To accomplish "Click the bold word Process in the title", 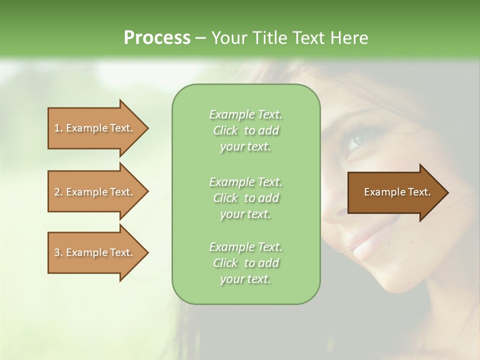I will [157, 38].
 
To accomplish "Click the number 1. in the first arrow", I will [58, 128].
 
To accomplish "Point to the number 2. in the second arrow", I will [58, 192].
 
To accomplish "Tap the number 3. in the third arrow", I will [58, 252].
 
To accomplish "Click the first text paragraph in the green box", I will [245, 130].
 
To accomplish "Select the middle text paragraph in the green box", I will [245, 198].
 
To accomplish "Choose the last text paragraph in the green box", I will [245, 263].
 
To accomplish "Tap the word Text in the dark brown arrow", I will [419, 192].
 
